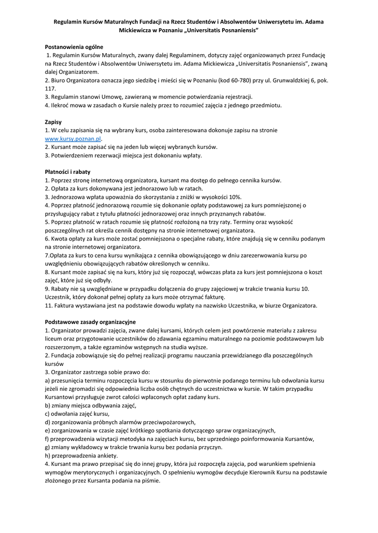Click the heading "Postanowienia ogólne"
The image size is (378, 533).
(x=74, y=47)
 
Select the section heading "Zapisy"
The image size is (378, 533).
(x=53, y=122)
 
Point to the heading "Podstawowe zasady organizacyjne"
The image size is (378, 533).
(x=90, y=322)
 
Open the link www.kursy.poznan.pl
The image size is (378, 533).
(x=72, y=139)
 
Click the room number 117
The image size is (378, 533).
(x=51, y=89)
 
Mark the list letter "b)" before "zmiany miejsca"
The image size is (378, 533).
(x=48, y=405)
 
